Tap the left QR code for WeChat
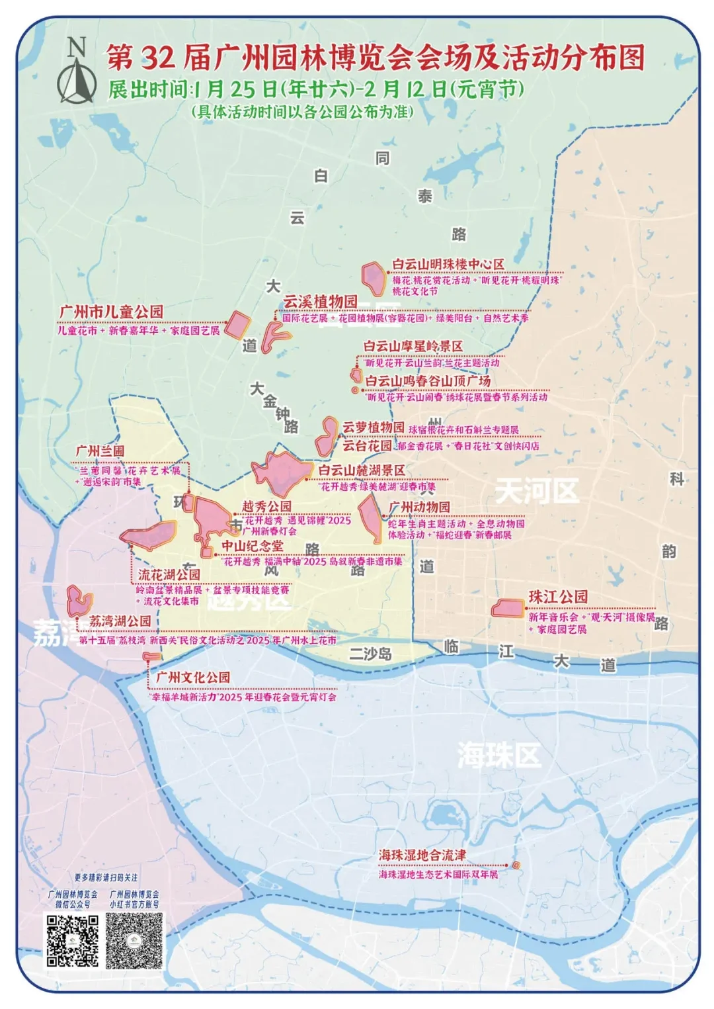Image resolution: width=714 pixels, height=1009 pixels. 73,940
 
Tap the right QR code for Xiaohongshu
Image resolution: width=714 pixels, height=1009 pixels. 134,940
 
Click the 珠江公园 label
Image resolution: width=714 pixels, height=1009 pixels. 557,597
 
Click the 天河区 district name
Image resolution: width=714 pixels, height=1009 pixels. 536,491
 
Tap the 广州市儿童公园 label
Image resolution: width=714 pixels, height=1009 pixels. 111,312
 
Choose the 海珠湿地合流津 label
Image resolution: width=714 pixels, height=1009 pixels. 422,855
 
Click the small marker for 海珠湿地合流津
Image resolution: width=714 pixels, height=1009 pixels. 516,865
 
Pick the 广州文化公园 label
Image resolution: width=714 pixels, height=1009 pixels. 193,678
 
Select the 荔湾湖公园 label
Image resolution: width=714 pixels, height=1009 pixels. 120,621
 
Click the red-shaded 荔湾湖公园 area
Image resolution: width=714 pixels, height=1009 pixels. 79,601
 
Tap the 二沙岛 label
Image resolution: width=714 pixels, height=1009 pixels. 370,654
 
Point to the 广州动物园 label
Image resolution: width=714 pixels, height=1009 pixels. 419,507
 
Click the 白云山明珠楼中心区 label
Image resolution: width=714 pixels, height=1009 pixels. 448,264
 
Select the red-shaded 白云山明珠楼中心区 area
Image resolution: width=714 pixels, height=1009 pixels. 374,278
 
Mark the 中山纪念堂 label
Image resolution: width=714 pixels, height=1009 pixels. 252,546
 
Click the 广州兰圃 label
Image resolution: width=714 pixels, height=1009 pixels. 100,451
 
